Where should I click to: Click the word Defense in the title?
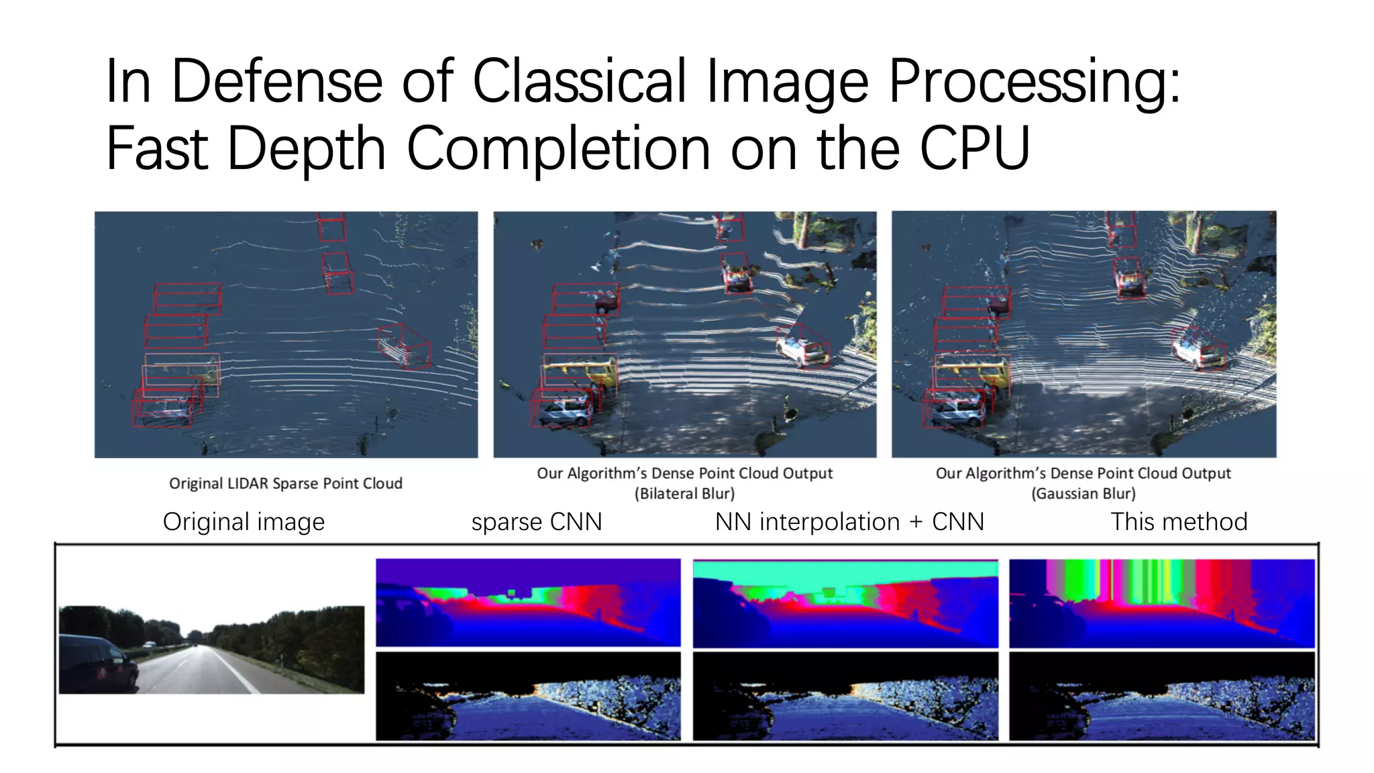coord(276,81)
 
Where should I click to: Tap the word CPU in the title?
coord(974,148)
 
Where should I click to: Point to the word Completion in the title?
coord(558,150)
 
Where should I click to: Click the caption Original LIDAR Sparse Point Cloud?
coord(286,483)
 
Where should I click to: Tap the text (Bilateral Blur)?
coord(684,494)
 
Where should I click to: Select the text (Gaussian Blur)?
coord(1083,494)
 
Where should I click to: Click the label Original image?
coord(244,521)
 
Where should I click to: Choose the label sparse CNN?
coord(536,521)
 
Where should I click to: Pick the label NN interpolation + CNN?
coord(849,521)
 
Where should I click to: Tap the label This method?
coord(1179,521)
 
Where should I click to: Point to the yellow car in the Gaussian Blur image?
coord(973,372)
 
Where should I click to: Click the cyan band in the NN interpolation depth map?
coord(845,570)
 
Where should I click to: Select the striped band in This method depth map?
coord(1147,580)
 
